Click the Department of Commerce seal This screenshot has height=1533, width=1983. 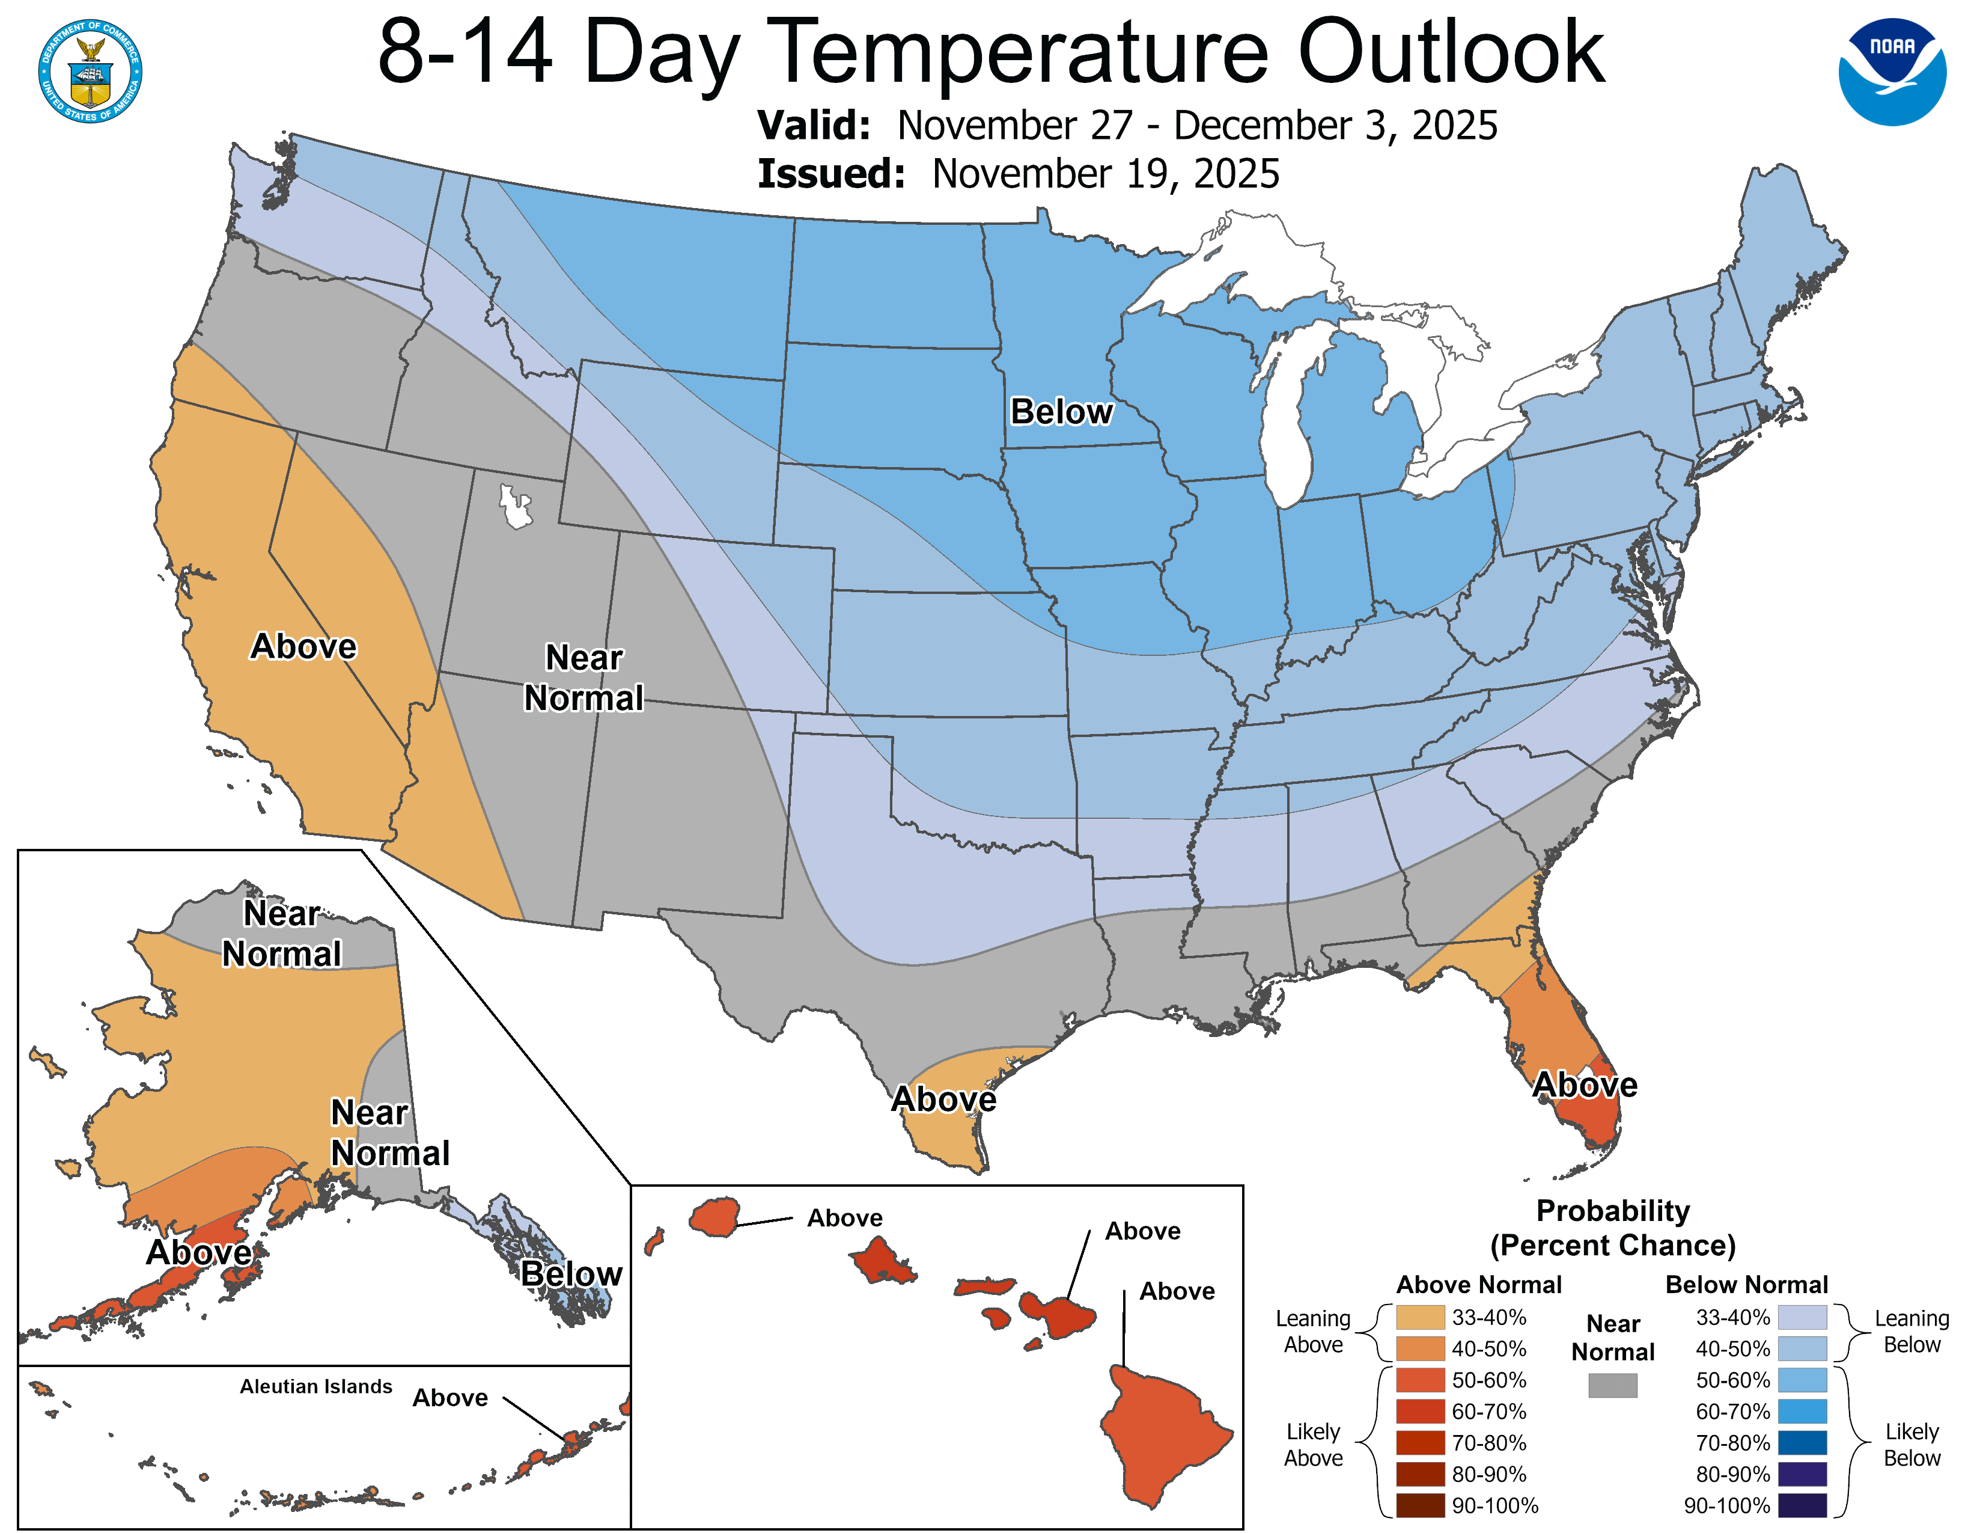coord(90,70)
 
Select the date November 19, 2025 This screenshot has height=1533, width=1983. coord(1105,174)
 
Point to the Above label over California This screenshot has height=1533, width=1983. coord(303,647)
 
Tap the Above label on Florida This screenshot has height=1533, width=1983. coord(1585,1085)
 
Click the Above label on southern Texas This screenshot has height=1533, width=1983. coord(943,1099)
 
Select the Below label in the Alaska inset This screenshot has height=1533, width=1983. coord(571,1273)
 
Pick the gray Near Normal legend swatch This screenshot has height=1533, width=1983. coord(1613,1385)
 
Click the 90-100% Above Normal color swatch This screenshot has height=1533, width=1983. coord(1420,1506)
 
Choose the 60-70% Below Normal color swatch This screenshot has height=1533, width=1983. coord(1802,1412)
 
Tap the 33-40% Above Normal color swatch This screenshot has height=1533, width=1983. coord(1420,1317)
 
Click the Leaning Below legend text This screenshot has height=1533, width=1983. coord(1911,1332)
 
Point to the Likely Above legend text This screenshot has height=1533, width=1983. coord(1313,1444)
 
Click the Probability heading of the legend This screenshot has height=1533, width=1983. coord(1613,1211)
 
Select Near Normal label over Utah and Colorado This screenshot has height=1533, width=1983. coord(584,678)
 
